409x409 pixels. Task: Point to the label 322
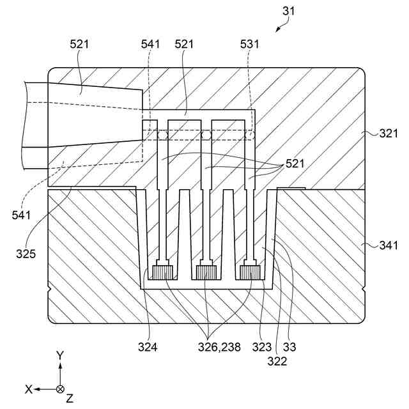click(277, 362)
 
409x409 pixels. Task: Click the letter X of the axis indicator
click(28, 389)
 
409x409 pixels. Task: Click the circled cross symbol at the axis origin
click(60, 389)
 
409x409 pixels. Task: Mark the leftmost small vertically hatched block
click(163, 273)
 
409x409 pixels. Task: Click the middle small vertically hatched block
click(206, 273)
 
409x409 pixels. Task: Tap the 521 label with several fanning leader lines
click(296, 163)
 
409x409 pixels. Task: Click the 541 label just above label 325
click(21, 215)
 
